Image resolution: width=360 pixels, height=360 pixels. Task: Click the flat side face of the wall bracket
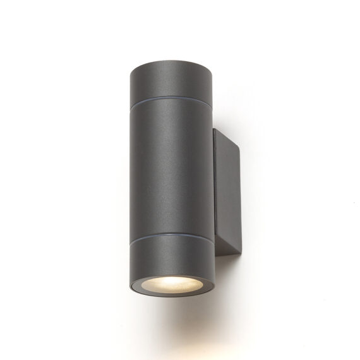point(224,189)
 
